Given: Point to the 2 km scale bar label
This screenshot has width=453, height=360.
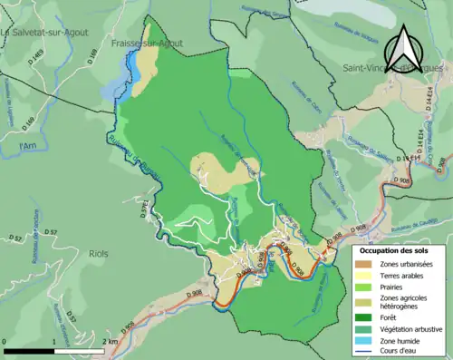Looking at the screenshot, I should pos(111,340).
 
